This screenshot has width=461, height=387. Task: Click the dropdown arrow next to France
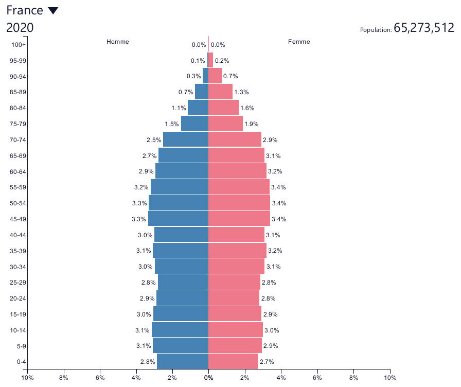[52, 11]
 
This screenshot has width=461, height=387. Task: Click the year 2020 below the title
[20, 28]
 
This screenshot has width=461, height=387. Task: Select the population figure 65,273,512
[423, 28]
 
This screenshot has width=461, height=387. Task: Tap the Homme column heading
[118, 42]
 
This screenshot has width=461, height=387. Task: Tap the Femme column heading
[299, 42]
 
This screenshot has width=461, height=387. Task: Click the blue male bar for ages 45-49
[178, 219]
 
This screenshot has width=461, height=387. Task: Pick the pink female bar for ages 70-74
[235, 139]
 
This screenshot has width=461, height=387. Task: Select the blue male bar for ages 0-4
[183, 361]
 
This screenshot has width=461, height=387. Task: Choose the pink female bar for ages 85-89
[220, 92]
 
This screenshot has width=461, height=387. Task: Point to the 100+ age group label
[19, 45]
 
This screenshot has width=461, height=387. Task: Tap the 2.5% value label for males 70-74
[154, 139]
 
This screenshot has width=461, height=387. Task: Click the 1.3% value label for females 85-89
[241, 92]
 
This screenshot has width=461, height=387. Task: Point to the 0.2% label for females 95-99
[222, 61]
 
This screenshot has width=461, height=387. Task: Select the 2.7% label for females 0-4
[267, 362]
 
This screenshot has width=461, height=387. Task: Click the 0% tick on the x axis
[208, 378]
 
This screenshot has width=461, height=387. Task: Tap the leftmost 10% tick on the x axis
[27, 378]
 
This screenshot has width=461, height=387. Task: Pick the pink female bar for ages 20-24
[234, 298]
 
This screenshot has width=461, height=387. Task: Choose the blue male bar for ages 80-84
[198, 108]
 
